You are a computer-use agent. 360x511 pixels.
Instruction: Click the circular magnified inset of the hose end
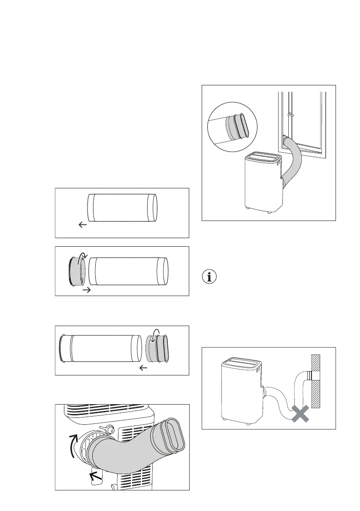click(x=232, y=127)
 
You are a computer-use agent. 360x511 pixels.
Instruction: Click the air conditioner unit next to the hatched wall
click(x=240, y=389)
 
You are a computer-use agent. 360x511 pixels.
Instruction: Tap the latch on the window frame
click(x=290, y=115)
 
